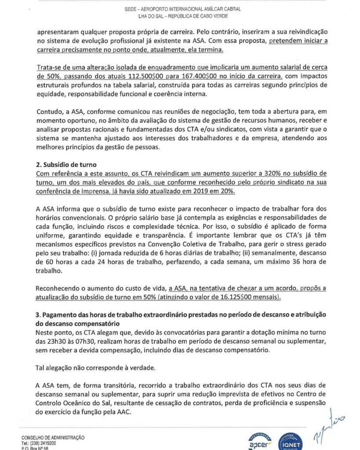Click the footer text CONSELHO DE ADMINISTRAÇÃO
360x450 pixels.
pyautogui.click(x=53, y=438)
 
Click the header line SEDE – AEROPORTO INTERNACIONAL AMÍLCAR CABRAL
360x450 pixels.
pyautogui.click(x=179, y=9)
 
